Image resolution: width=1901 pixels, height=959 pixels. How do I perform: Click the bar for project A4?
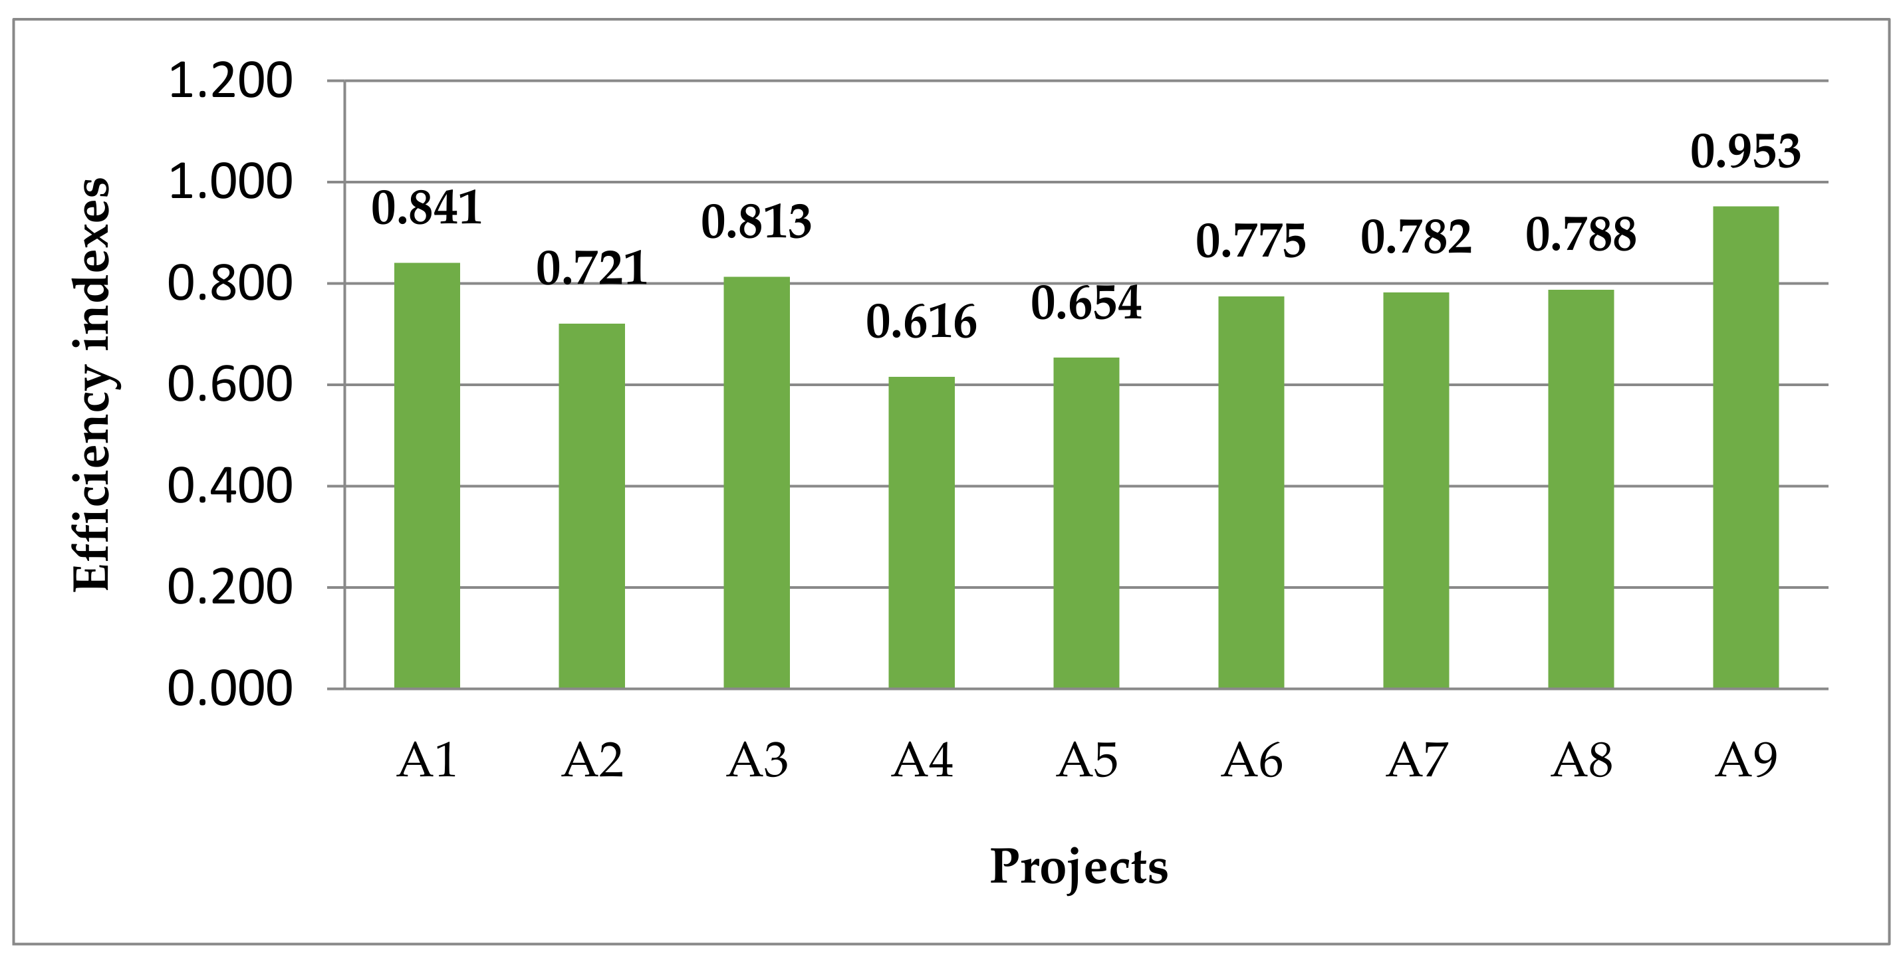[921, 532]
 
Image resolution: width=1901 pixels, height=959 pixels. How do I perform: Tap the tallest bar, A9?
[1745, 447]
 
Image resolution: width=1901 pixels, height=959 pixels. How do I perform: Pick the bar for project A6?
[1251, 492]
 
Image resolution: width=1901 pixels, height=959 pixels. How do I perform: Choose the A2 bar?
[592, 506]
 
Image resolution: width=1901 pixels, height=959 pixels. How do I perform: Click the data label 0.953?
[1745, 152]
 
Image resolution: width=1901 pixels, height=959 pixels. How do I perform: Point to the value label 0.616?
[921, 322]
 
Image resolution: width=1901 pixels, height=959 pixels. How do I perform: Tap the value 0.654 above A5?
[1086, 303]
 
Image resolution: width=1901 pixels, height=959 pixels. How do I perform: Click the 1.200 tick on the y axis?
[230, 81]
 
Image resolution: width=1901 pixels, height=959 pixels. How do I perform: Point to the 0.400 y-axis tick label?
[230, 486]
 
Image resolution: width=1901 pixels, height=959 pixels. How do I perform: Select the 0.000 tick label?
[230, 689]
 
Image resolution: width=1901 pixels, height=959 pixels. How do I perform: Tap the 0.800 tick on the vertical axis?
[230, 284]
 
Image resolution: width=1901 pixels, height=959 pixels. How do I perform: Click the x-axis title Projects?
[1078, 867]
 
